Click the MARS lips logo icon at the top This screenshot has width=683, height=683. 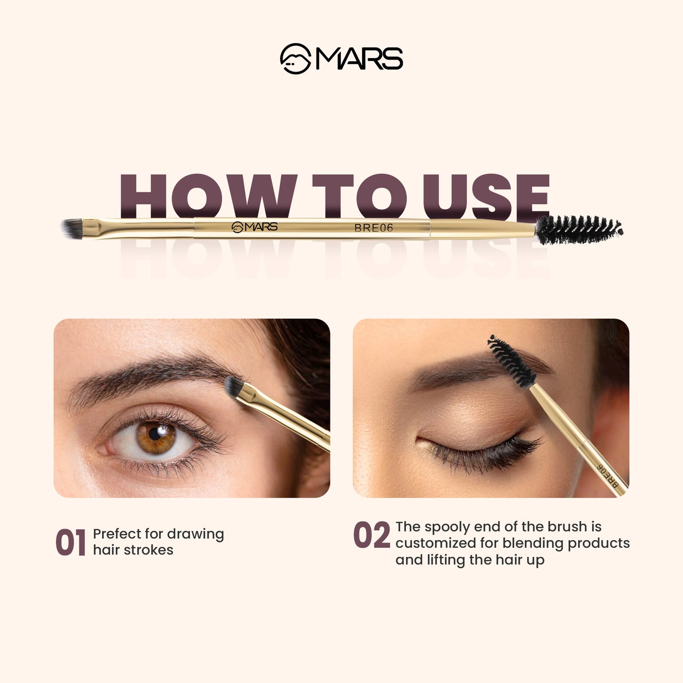click(x=295, y=59)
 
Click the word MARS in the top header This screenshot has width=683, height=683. click(x=359, y=59)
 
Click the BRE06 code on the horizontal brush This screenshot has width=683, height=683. click(x=373, y=228)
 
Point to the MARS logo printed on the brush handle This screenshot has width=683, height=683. click(x=255, y=227)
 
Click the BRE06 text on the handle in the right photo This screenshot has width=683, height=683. click(x=608, y=476)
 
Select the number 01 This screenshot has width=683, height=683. click(x=70, y=542)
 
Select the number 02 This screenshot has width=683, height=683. click(x=372, y=536)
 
